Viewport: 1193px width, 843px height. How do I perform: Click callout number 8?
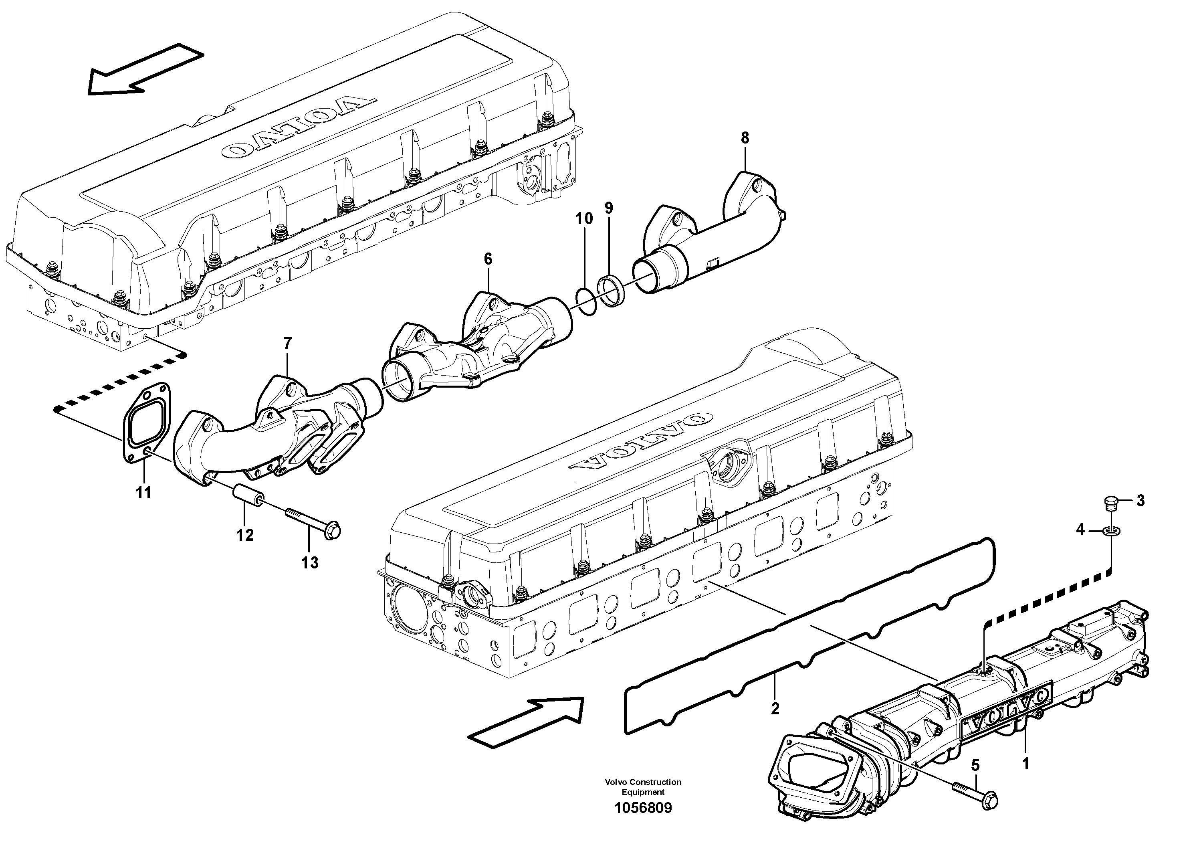pos(745,138)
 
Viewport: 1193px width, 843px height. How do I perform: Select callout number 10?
pos(584,219)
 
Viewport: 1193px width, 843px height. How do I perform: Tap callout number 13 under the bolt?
pos(310,562)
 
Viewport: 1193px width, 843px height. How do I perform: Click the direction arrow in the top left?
pos(143,70)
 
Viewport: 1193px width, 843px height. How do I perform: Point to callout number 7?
pos(287,344)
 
